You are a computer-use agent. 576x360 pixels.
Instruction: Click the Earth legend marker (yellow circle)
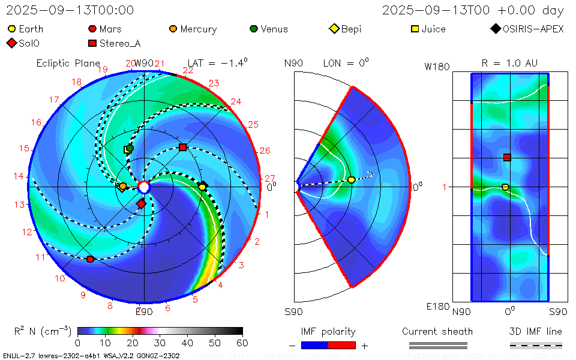tap(12, 29)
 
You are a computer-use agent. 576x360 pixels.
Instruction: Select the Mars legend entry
tap(104, 29)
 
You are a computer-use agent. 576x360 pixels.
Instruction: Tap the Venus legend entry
tap(268, 29)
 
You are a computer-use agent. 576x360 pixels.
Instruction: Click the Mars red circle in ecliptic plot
tap(90, 259)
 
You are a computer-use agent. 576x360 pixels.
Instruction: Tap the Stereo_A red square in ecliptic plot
tap(183, 147)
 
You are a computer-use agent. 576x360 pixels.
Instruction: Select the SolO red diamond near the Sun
tap(141, 204)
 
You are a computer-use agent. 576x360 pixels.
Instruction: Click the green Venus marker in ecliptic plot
tap(130, 148)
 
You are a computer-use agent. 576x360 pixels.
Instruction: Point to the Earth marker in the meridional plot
tap(351, 179)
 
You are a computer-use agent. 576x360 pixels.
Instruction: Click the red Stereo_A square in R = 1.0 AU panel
tap(507, 157)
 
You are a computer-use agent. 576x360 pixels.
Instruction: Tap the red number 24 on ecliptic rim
tap(236, 101)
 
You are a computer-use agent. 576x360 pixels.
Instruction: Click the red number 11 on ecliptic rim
tap(41, 257)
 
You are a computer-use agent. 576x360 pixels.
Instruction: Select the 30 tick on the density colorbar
tap(160, 343)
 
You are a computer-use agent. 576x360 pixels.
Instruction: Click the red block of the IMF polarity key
tap(342, 345)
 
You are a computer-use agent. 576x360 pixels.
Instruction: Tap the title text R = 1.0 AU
tap(509, 63)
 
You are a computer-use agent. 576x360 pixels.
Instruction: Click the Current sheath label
tap(437, 331)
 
